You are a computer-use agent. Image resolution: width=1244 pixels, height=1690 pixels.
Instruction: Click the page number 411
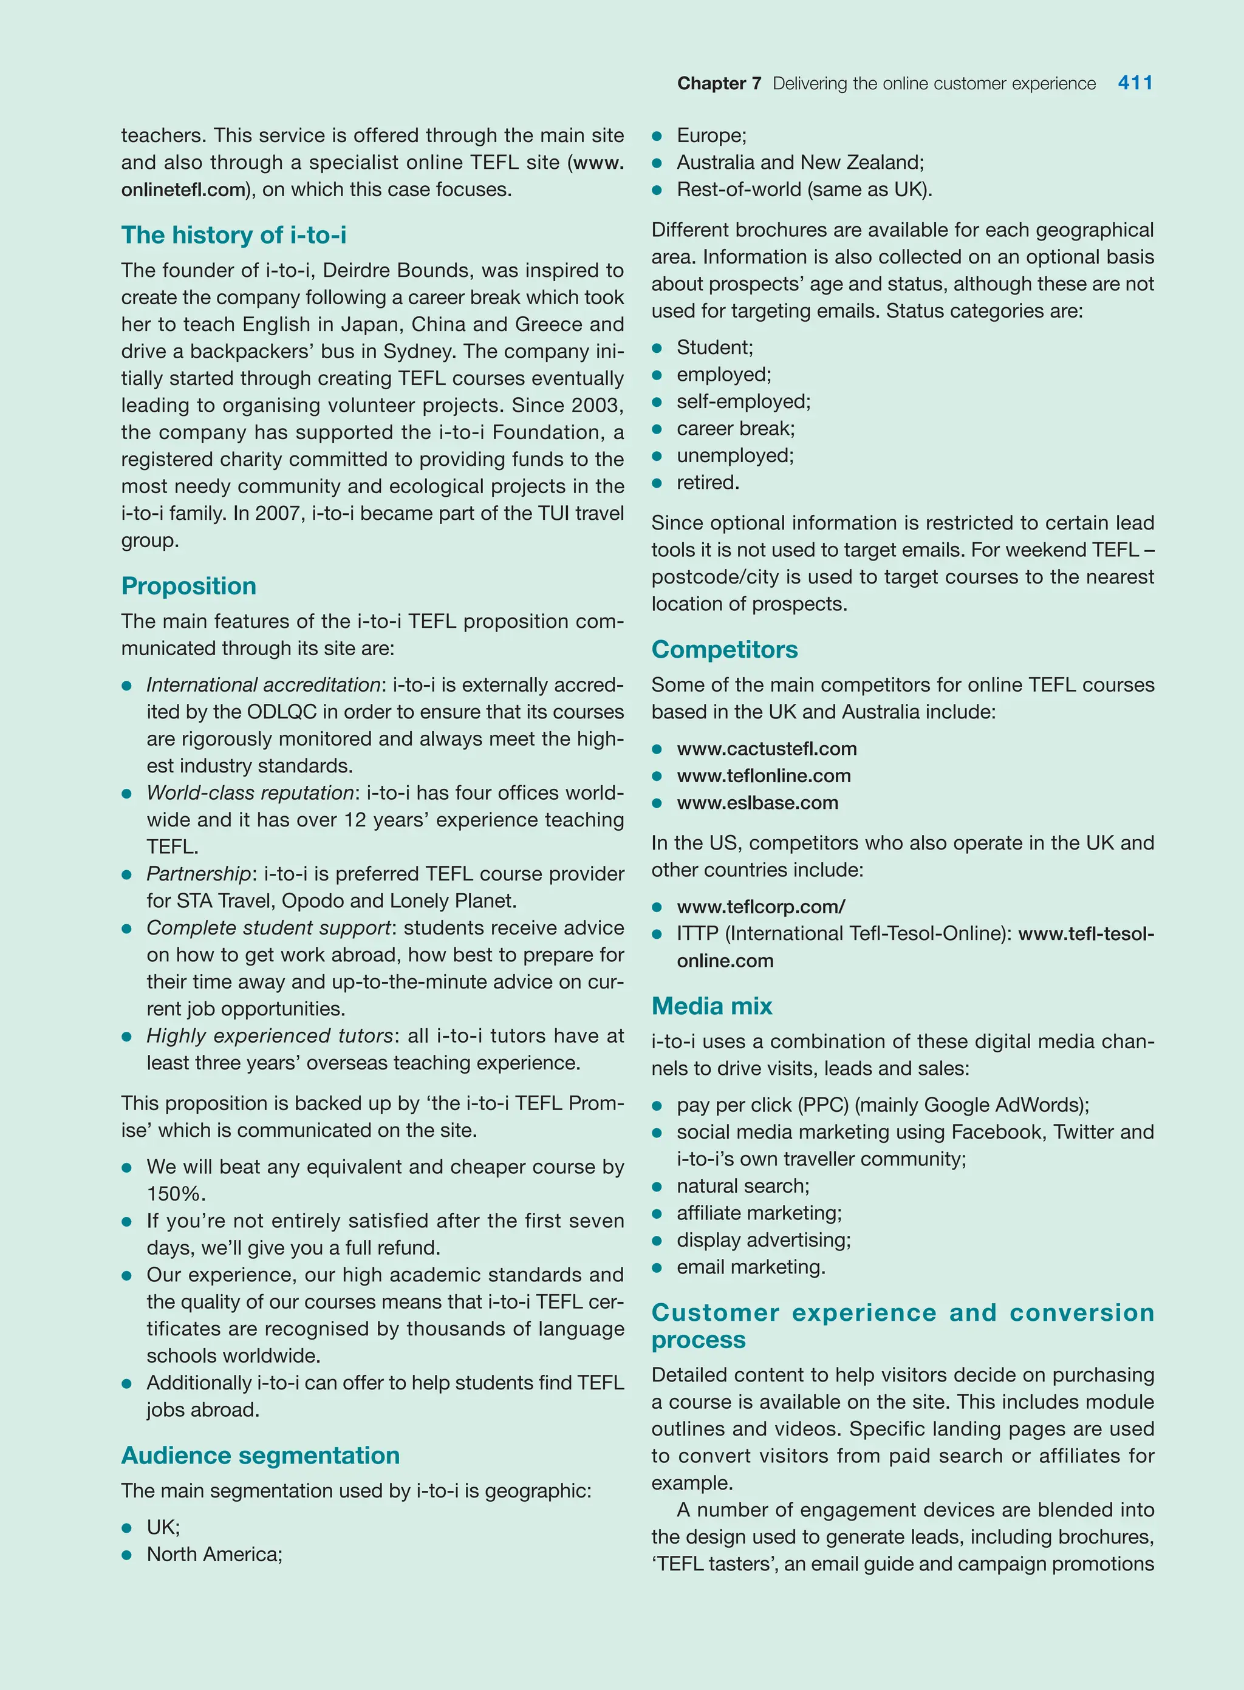[x=1135, y=83]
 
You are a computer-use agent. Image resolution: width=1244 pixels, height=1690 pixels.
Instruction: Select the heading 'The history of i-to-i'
[x=233, y=235]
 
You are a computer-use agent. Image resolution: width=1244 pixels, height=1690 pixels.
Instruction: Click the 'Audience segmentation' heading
[x=260, y=1455]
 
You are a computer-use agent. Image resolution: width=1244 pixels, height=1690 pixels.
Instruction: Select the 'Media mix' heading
[x=712, y=1006]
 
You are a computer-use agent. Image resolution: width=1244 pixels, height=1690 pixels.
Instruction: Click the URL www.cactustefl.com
[x=766, y=748]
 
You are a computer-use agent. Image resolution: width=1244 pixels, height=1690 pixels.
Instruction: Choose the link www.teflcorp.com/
[x=760, y=907]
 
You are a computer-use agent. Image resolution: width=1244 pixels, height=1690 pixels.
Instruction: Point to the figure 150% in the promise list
[x=175, y=1194]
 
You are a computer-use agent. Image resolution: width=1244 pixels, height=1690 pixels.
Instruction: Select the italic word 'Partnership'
[x=198, y=874]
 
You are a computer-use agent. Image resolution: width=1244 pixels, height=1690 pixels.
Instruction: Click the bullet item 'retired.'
[x=707, y=483]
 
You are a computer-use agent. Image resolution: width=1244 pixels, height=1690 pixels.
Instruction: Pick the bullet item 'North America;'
[x=214, y=1555]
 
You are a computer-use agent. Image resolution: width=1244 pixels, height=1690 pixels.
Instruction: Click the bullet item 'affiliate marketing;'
[x=758, y=1213]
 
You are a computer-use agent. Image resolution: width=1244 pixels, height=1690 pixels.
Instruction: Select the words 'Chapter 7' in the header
[x=719, y=84]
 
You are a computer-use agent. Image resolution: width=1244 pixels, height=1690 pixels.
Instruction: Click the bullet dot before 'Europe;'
[x=657, y=136]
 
